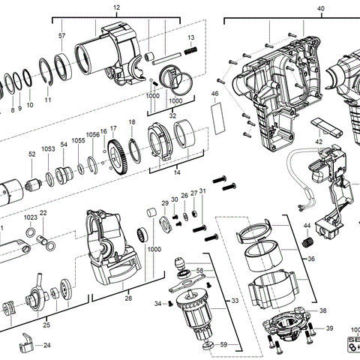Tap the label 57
[62, 36]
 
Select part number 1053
[49, 149]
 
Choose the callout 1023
[29, 217]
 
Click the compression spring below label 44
[306, 244]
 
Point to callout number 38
[323, 310]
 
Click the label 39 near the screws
[329, 329]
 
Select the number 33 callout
[235, 301]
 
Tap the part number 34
[157, 304]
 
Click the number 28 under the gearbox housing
[128, 298]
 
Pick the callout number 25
[46, 325]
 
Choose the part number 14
[176, 172]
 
